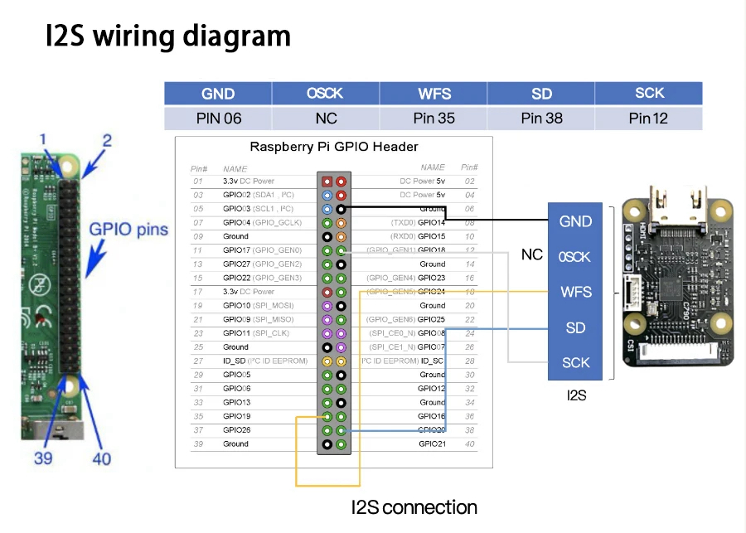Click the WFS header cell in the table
coord(434,94)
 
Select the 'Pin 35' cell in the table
coord(434,119)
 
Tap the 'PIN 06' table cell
coord(219,119)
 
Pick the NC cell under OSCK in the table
coord(327,119)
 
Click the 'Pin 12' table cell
coord(648,119)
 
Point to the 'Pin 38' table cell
coord(542,119)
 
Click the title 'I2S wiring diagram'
coord(168,36)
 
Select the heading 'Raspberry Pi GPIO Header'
coord(334,147)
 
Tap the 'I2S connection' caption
coord(414,507)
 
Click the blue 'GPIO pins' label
coord(128,230)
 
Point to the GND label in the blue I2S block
coord(575,221)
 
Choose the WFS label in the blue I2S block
coord(575,292)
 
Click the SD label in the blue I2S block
coord(575,327)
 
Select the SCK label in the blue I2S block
coord(575,362)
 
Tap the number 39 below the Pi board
coord(44,457)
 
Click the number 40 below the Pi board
coord(101,457)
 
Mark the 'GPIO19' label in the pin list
coord(236,416)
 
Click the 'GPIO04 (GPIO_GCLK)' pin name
coord(262,222)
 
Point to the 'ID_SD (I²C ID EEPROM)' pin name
coord(265,361)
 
